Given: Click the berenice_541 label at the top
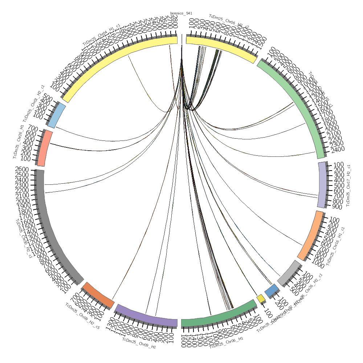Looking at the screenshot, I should [181, 13].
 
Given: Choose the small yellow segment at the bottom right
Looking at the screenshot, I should [261, 298].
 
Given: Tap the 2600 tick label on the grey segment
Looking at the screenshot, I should [22, 170].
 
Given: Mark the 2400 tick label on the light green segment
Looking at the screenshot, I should [337, 149].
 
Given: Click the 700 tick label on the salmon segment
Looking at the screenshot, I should [33, 129].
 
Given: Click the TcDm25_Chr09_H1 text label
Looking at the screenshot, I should [139, 343].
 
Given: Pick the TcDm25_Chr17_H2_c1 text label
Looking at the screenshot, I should [349, 185].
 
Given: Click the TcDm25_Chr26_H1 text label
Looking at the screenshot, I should [19, 142].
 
